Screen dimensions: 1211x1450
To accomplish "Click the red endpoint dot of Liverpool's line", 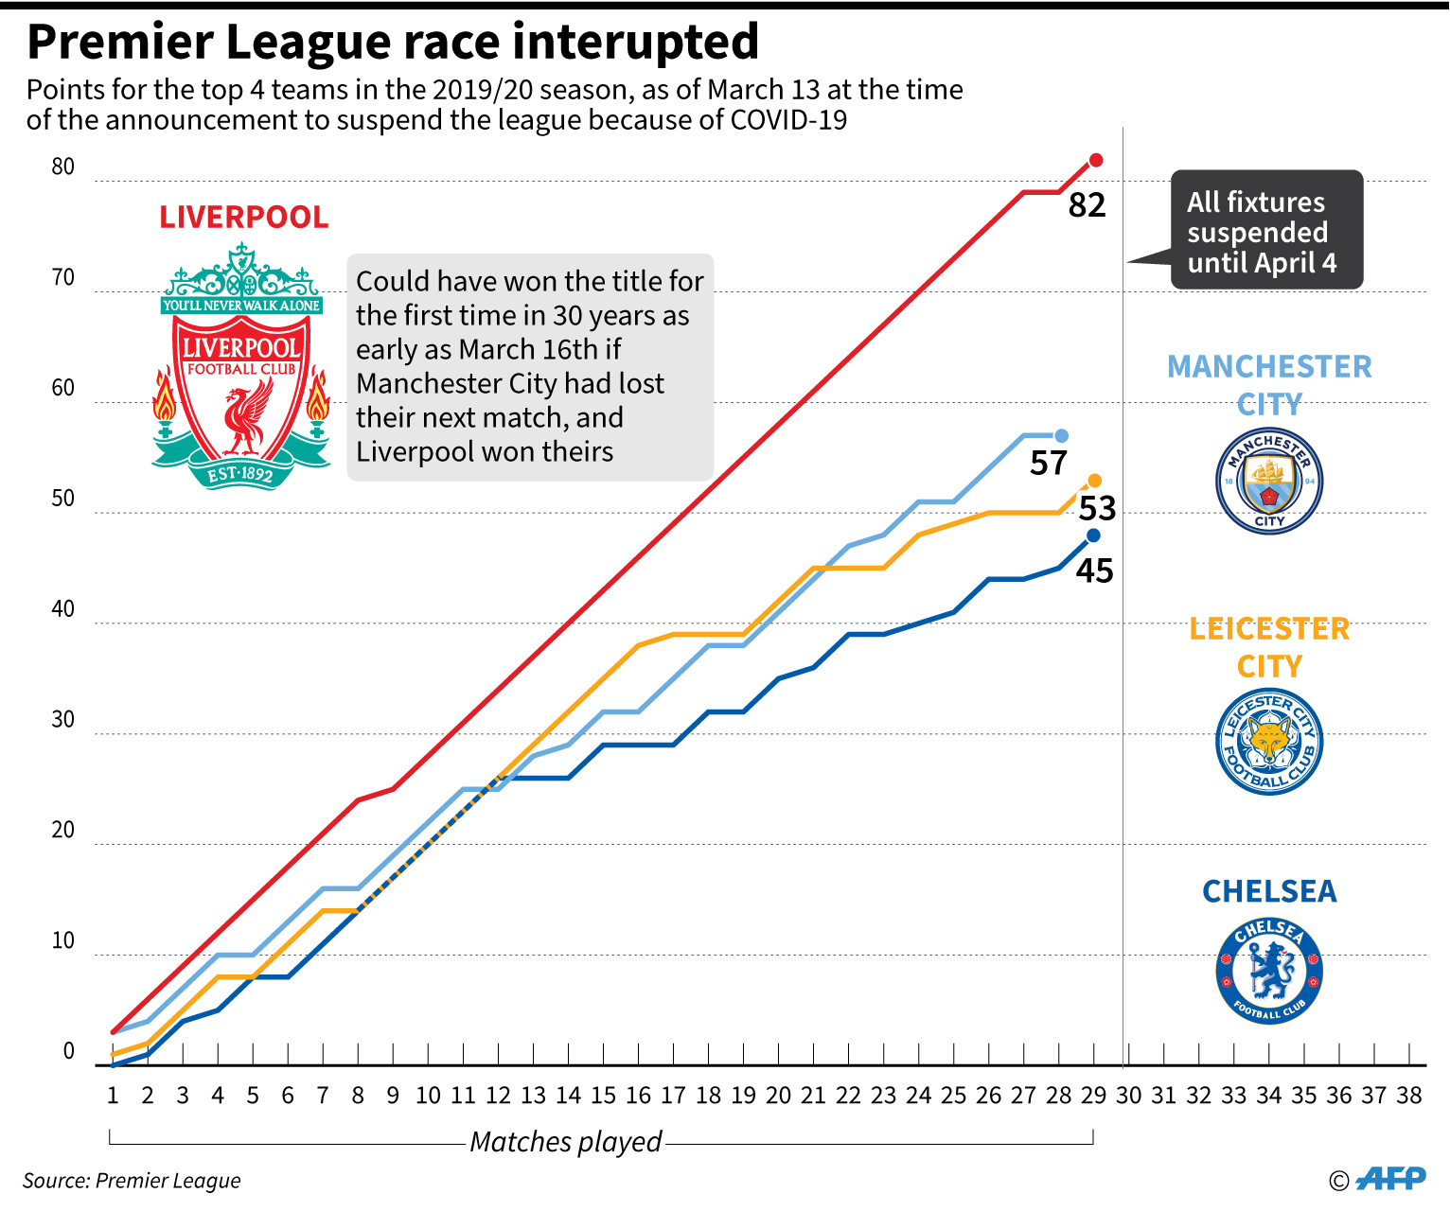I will [x=1096, y=160].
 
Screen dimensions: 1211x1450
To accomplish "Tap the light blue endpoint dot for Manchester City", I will [x=1061, y=435].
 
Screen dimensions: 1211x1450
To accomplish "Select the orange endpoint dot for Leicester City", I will [x=1095, y=481].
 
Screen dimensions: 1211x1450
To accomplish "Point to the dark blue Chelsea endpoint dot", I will [x=1094, y=535].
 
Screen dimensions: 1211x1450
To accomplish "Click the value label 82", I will [x=1087, y=205].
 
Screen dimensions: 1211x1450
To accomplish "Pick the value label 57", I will [x=1049, y=463].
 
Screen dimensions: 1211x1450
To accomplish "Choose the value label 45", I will [x=1094, y=570].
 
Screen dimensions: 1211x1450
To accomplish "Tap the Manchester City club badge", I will [x=1268, y=482].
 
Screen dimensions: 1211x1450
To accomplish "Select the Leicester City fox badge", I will [x=1268, y=742].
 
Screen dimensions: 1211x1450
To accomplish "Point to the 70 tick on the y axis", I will [x=62, y=277].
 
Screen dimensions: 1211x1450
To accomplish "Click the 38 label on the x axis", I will [x=1408, y=1096].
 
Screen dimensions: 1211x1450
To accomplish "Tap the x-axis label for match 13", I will [x=533, y=1096].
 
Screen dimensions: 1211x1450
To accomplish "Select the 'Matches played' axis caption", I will [x=566, y=1142].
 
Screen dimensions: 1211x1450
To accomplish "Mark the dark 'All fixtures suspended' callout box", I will [x=1266, y=230].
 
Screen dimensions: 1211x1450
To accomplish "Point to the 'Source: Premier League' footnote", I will [x=132, y=1181].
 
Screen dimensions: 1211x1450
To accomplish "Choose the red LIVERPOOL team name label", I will [x=244, y=217].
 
